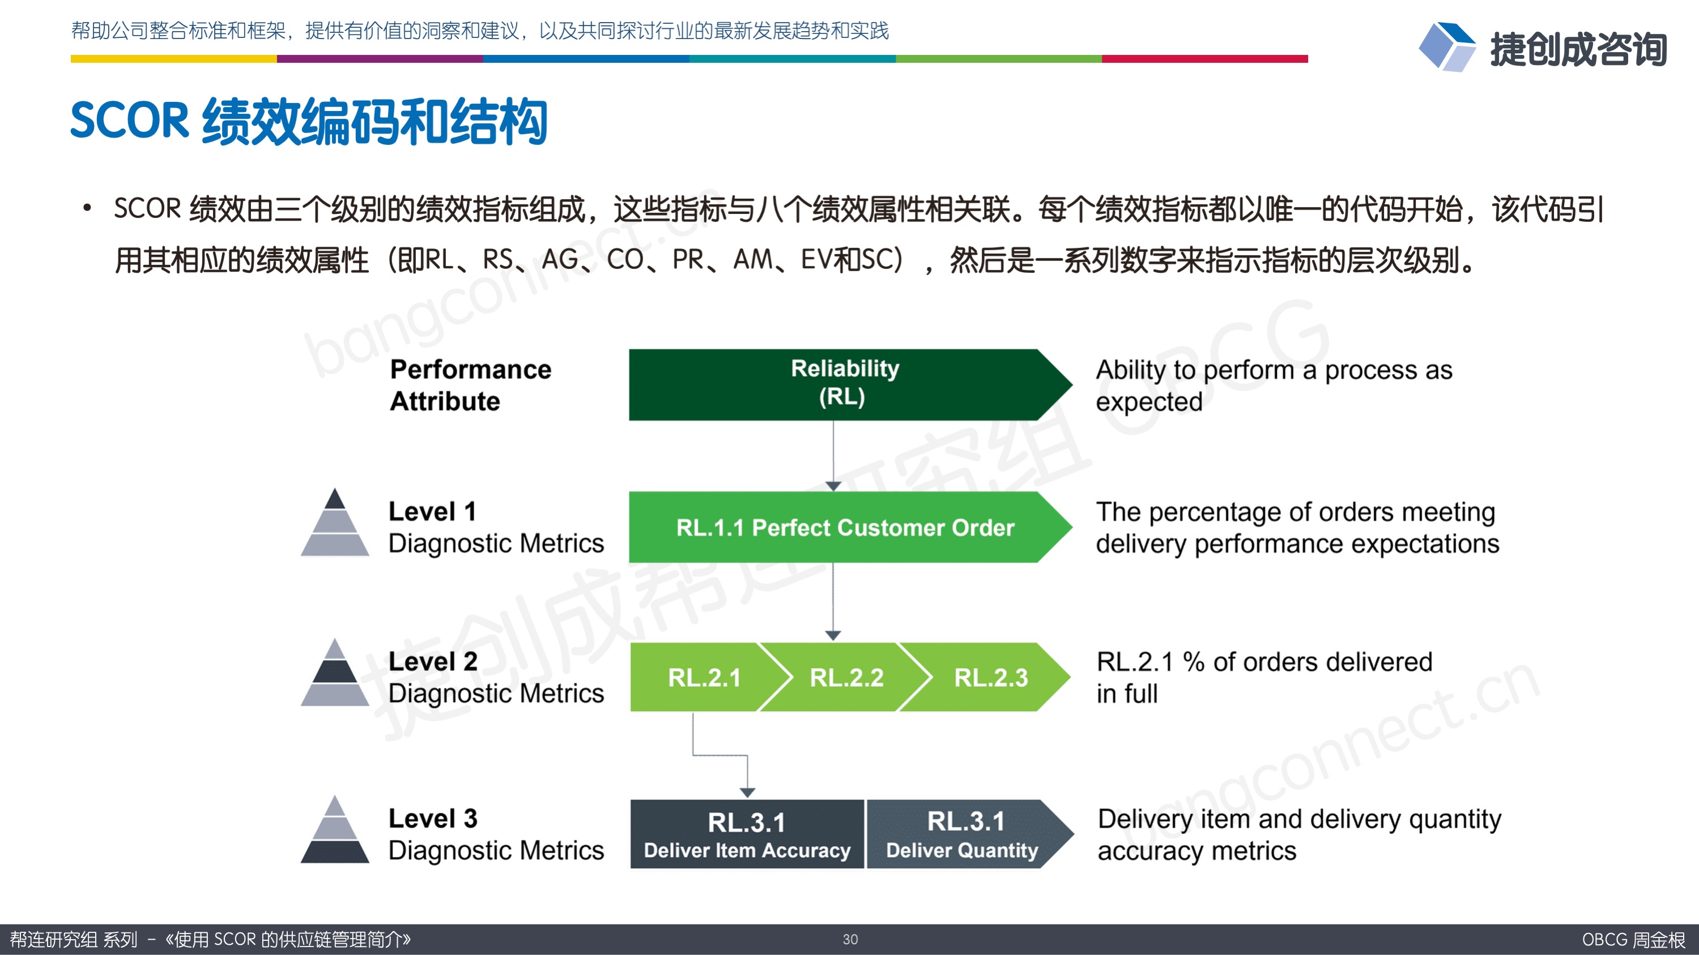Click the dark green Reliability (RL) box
[x=844, y=384]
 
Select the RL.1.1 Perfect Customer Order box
[x=844, y=527]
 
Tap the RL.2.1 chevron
[x=703, y=678]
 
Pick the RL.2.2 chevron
[x=846, y=678]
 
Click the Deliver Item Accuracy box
[x=747, y=834]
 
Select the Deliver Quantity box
[x=963, y=834]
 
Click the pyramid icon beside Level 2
[x=335, y=673]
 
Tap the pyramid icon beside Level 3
[x=335, y=830]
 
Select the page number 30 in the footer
[x=850, y=939]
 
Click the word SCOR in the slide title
[x=129, y=121]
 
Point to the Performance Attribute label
[x=470, y=385]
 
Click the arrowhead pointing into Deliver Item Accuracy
[x=747, y=792]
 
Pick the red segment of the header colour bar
[x=1204, y=59]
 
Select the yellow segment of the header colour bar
[x=173, y=59]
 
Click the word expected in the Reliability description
[x=1149, y=402]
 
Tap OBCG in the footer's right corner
[x=1604, y=939]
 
